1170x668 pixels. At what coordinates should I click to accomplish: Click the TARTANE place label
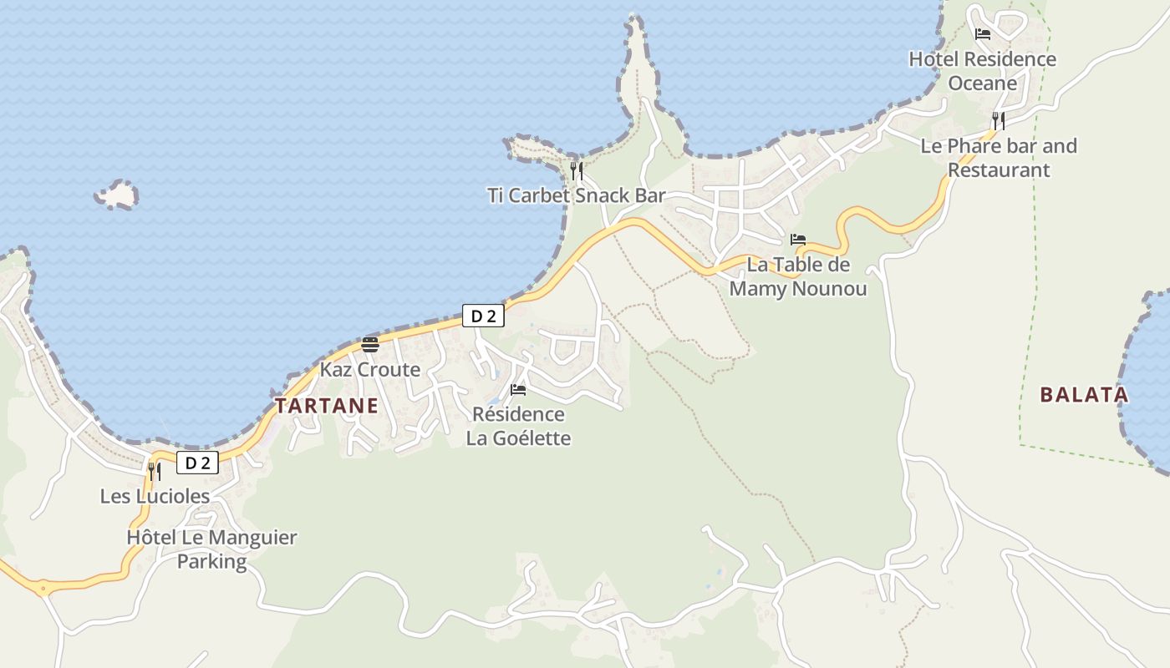pos(326,407)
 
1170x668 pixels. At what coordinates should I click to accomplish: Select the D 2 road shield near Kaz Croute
pos(483,316)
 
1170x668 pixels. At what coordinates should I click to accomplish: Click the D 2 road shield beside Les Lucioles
pos(197,463)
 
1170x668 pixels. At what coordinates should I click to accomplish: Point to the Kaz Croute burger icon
pos(370,345)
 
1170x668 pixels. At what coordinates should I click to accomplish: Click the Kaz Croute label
pos(370,369)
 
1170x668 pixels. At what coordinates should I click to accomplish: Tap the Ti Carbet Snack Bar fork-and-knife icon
pos(576,171)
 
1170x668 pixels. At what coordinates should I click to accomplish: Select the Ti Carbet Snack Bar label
pos(576,195)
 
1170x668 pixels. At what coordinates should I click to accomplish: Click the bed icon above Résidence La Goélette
pos(518,390)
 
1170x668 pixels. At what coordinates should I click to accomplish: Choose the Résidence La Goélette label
pos(518,426)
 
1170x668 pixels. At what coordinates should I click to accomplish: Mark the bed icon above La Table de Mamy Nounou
pos(798,240)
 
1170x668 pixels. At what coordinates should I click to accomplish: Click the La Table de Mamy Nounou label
pos(798,276)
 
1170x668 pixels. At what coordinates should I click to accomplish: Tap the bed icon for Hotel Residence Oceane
pos(983,34)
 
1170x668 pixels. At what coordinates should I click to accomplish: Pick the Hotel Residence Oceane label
pos(983,71)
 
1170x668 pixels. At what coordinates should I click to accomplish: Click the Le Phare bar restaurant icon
pos(999,121)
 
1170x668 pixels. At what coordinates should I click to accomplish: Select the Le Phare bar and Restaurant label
pos(999,158)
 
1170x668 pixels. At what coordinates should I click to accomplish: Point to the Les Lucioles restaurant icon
pos(155,472)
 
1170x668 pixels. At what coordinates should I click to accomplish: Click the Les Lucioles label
pos(155,496)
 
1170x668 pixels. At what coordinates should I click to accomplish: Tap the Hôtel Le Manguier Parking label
pos(211,549)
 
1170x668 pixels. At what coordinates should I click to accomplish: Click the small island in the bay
pos(118,195)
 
